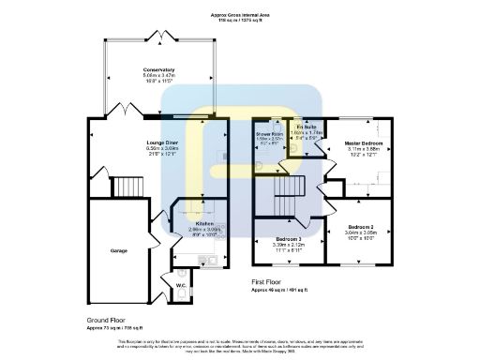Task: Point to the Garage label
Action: click(118, 250)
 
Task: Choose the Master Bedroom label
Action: click(361, 142)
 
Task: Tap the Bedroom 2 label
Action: click(360, 228)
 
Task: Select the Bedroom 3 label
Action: click(288, 238)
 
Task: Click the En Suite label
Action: click(306, 127)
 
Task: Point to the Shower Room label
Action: click(270, 134)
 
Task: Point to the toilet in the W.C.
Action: click(178, 293)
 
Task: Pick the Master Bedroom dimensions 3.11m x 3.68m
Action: click(361, 148)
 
